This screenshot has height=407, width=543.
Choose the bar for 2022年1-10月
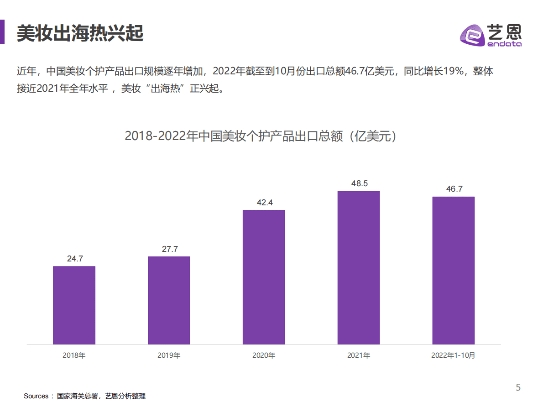point(454,270)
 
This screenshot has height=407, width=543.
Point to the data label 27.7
point(169,249)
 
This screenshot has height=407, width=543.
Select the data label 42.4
point(264,203)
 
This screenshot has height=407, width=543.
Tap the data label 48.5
point(359,183)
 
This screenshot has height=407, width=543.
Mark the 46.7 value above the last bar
point(454,189)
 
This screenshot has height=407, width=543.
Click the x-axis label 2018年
point(74,355)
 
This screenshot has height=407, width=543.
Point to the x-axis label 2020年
point(264,355)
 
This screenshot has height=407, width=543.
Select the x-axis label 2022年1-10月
point(453,355)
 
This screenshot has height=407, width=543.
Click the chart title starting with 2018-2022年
point(261,136)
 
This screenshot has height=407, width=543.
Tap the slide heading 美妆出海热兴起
point(80,33)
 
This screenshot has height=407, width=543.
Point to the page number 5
point(518,388)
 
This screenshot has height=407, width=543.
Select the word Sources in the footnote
point(36,396)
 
